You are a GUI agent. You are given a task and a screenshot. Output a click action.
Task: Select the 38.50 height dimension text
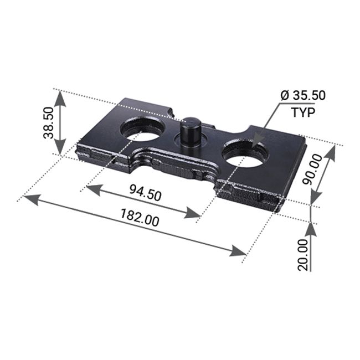point(48,122)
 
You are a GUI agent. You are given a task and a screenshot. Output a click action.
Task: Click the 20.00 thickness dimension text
point(302,255)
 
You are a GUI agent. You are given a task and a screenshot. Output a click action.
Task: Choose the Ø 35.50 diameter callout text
point(302,95)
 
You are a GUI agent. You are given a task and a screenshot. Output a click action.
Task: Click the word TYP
point(302,112)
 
